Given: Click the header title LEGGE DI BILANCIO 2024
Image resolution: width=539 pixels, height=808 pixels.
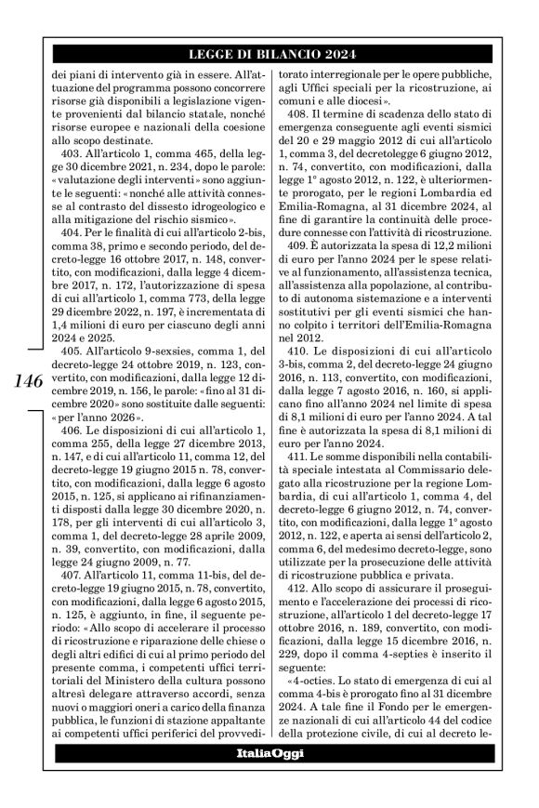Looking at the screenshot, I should tap(269, 53).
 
